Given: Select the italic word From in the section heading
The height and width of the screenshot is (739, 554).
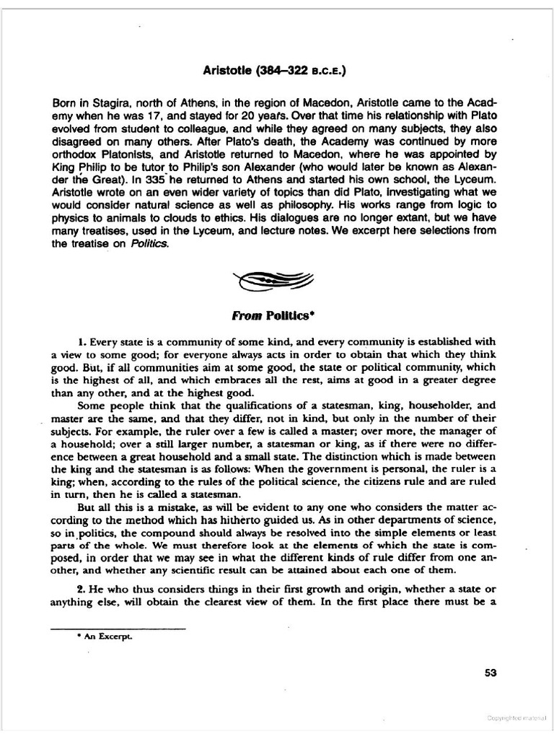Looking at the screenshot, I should click(246, 315).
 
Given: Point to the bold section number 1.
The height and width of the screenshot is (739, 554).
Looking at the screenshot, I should click(81, 341).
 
